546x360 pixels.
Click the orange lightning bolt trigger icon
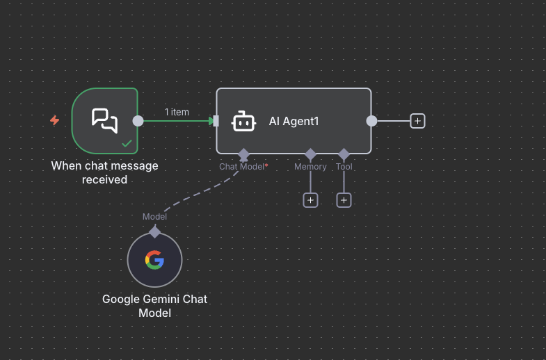[x=54, y=120]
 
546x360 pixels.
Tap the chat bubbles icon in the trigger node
[x=104, y=120]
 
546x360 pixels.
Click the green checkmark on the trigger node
[x=127, y=143]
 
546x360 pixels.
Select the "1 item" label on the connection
[x=177, y=112]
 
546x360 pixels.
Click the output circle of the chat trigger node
[x=138, y=121]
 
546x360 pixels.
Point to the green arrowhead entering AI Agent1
[x=212, y=121]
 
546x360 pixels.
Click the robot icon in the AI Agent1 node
[x=243, y=121]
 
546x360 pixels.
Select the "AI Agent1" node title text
[x=294, y=121]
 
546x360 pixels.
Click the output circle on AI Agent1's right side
[x=371, y=121]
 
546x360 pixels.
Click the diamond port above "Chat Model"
[x=243, y=153]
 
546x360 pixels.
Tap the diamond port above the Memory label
[x=310, y=154]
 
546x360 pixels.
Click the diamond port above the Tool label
[x=344, y=154]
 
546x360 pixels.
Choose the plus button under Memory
[x=310, y=200]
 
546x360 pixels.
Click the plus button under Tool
[x=344, y=200]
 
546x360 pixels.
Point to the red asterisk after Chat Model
[x=266, y=165]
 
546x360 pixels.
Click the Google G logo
[x=154, y=260]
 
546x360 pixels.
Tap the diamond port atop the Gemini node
[x=154, y=231]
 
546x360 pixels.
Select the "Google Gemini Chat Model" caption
[x=154, y=306]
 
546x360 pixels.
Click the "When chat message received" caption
[x=104, y=172]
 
